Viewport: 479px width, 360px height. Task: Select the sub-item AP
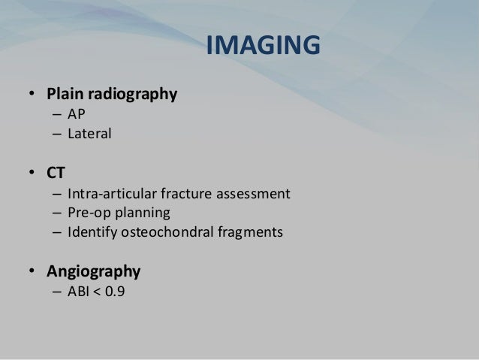(77, 115)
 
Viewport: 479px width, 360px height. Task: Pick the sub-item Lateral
(89, 135)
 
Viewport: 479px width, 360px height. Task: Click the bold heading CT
(56, 174)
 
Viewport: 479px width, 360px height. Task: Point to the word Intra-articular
(111, 193)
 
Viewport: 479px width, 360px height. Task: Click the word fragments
(249, 232)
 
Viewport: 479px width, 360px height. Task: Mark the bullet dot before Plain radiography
(32, 95)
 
